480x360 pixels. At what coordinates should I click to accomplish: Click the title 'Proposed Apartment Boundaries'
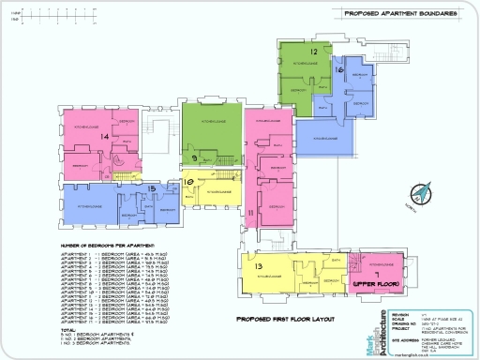point(400,14)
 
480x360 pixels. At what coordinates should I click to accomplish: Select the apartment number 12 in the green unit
point(315,52)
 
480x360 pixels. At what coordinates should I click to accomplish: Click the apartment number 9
point(194,157)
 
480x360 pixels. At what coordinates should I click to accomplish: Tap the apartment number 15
point(152,187)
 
